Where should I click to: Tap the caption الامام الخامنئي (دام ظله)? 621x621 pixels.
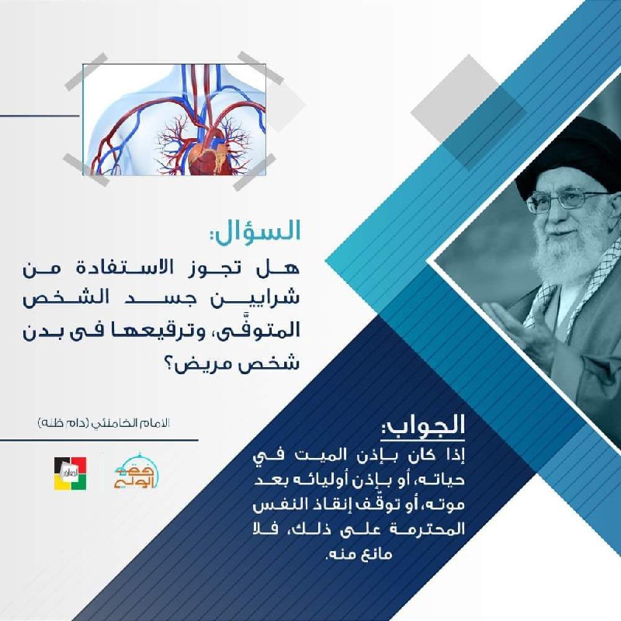coord(104,423)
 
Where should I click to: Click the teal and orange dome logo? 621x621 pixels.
coord(137,471)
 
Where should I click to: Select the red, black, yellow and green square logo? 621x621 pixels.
coord(71,474)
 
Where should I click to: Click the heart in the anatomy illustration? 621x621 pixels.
coord(207,159)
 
